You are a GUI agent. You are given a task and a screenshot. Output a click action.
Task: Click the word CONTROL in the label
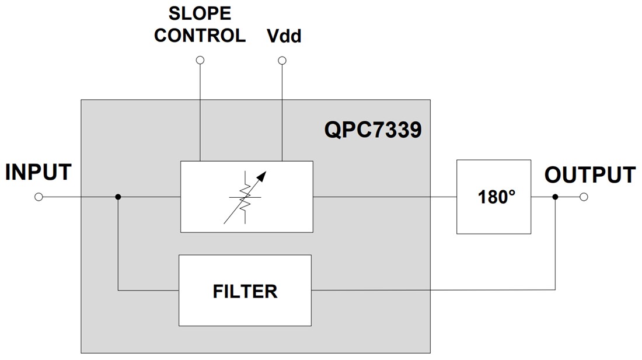200,35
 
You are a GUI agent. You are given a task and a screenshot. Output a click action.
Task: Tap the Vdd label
284,37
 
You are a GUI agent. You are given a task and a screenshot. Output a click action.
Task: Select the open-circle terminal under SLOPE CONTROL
200,60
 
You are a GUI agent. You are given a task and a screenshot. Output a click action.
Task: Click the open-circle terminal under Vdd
282,60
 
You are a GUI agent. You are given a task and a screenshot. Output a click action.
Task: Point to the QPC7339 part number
372,130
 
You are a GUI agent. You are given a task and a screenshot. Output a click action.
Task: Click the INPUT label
39,173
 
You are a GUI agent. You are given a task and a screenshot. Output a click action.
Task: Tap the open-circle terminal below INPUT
39,197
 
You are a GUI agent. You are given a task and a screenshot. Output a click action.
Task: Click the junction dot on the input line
118,197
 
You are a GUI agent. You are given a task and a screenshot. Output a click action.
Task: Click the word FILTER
245,291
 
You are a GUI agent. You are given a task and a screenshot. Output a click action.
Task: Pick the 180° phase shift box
494,197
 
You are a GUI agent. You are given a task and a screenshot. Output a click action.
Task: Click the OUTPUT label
589,175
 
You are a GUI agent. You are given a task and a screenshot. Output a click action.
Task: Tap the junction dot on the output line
555,197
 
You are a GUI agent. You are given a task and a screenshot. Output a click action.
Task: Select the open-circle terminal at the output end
584,197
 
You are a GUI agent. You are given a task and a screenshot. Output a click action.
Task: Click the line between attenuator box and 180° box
385,197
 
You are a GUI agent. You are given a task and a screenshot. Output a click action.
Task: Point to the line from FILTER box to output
432,290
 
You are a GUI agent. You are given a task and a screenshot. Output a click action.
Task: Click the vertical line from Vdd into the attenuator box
282,111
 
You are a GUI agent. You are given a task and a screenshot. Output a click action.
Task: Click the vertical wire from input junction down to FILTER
118,245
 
